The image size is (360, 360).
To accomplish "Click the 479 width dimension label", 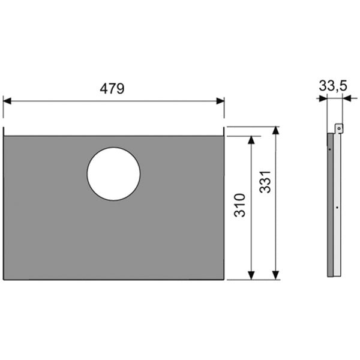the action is click(x=112, y=89).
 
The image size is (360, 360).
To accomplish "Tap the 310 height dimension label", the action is click(x=239, y=205).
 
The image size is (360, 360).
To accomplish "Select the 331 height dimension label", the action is click(x=265, y=182).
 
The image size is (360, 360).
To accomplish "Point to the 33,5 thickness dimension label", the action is click(x=333, y=86).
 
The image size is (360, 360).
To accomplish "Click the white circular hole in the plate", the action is click(x=113, y=174).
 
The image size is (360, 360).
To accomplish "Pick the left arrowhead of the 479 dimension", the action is click(x=7, y=101).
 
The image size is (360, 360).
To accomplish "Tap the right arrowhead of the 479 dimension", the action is click(x=220, y=101).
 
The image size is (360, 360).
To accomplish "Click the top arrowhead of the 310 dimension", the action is click(x=251, y=140).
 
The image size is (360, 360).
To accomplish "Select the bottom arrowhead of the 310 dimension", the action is click(x=251, y=275).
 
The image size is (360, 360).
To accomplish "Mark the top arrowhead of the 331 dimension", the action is click(x=275, y=130).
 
